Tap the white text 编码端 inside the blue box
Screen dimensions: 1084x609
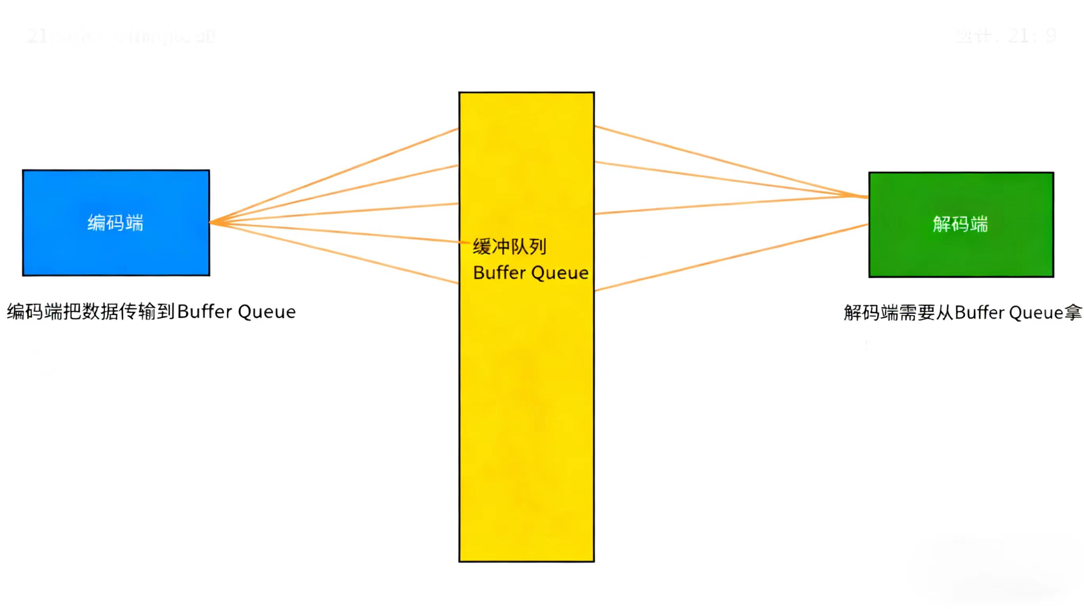coord(115,223)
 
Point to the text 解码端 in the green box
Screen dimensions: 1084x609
coord(960,224)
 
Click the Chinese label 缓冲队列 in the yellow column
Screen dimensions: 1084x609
coord(509,247)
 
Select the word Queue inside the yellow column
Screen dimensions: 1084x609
coord(560,273)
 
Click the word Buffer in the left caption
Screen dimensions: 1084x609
coord(204,312)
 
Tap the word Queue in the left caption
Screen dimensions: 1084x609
coord(266,312)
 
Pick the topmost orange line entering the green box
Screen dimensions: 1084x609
coord(732,162)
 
